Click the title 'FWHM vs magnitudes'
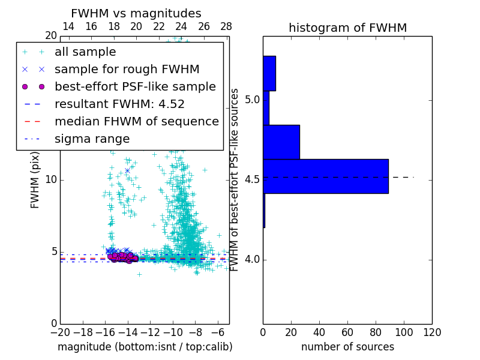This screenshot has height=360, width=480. point(136,14)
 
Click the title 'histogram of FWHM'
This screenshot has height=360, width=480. point(347,28)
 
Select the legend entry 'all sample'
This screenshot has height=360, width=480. point(85,52)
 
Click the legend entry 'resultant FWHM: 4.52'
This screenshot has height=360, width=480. point(119,104)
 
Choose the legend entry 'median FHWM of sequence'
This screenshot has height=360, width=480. point(136,122)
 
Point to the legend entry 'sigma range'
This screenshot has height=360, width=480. point(92,139)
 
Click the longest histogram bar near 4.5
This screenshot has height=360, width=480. point(326,176)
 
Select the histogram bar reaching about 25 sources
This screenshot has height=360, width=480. point(281,142)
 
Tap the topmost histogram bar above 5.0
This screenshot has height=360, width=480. point(269,73)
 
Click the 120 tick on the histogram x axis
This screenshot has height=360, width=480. point(432,332)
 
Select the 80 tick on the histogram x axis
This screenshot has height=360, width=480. point(376,332)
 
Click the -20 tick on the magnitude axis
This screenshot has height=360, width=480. point(60,332)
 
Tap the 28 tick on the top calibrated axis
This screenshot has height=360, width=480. point(226,27)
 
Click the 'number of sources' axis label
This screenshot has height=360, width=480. point(347,347)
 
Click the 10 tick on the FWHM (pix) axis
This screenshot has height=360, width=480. point(51,180)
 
